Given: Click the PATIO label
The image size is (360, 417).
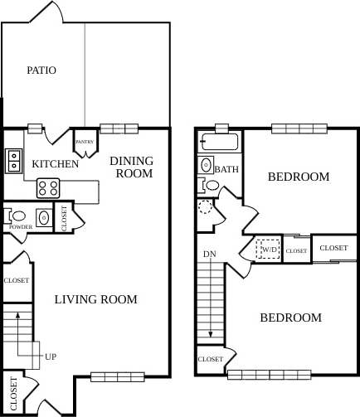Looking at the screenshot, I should click(41, 70).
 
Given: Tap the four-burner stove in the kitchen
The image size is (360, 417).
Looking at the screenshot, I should click(47, 188).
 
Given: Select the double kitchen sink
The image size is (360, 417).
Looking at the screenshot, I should click(14, 160).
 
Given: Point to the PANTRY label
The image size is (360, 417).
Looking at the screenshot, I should click(85, 142).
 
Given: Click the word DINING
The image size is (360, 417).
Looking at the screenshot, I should click(131, 161).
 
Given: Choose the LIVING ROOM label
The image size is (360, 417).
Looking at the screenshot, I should click(95, 299).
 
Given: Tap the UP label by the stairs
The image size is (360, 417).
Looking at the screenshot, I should click(51, 356).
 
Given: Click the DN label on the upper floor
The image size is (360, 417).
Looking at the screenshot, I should click(209, 254).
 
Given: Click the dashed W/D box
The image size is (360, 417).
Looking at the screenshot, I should click(268, 250).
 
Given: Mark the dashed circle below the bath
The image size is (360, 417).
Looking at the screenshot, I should click(206, 206).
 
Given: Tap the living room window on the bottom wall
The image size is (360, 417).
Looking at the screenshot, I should click(111, 377).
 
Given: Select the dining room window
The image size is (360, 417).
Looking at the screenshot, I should click(119, 128).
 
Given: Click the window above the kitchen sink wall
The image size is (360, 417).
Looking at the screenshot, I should click(35, 128).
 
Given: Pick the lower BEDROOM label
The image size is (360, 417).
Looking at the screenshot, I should click(290, 318).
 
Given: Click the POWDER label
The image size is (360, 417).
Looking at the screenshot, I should click(20, 226).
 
